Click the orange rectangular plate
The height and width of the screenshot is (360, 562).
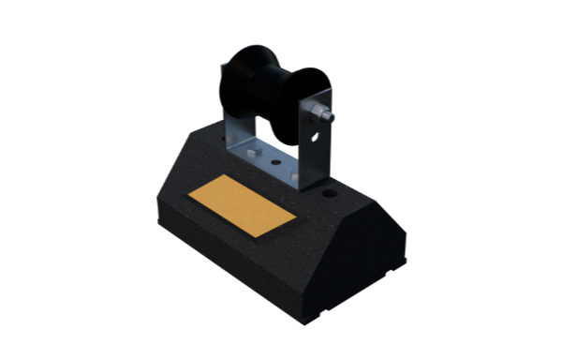point(242,206)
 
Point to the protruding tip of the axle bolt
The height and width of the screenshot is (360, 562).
point(331,119)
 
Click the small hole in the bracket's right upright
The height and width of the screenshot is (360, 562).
point(316,137)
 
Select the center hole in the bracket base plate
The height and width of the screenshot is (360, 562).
point(275,161)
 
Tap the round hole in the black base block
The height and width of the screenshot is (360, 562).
point(330,195)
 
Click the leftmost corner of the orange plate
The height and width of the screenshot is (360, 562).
point(189,196)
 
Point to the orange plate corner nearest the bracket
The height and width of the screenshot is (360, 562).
point(225,177)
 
